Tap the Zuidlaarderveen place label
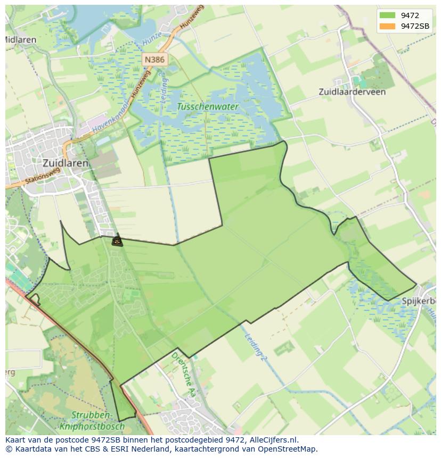tap(352, 91)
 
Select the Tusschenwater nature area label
tap(208, 107)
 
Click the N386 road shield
tap(154, 60)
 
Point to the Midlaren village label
tap(20, 40)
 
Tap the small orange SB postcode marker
tap(117, 242)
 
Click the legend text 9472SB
tap(415, 26)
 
